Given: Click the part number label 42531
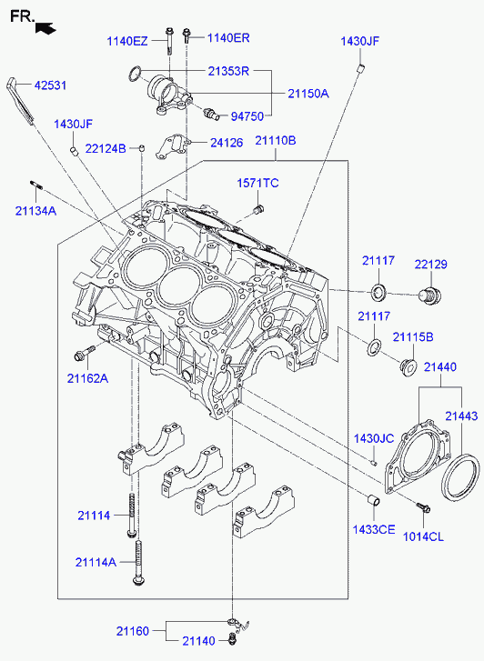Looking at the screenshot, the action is point(50,85).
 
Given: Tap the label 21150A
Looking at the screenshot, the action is point(308,94).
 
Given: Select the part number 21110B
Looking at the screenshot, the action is point(276,140).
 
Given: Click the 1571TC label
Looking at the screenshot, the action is point(257,183).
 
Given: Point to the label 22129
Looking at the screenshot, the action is point(430,265).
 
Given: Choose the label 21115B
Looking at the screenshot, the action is point(413,337).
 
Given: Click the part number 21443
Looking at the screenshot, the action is point(461,416).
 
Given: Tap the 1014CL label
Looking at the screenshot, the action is point(424,536).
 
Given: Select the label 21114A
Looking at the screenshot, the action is point(96,562).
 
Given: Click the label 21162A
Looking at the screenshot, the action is point(87,378).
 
